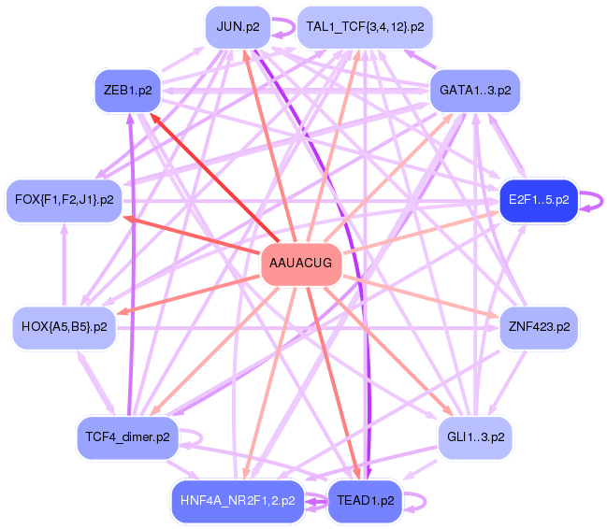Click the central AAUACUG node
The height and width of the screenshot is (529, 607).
(x=301, y=264)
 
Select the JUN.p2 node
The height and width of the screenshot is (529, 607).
(x=238, y=27)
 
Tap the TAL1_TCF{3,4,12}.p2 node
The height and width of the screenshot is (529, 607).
(x=365, y=27)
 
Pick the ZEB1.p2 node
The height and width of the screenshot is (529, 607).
(x=128, y=91)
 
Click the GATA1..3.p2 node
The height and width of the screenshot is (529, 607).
(x=475, y=91)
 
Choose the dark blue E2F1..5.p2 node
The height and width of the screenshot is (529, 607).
(x=539, y=200)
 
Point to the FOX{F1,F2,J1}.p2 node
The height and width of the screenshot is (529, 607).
(x=65, y=200)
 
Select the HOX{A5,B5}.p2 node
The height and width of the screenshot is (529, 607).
(x=65, y=328)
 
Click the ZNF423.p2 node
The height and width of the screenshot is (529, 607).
(x=539, y=328)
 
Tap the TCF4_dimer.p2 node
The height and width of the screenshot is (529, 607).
(x=128, y=437)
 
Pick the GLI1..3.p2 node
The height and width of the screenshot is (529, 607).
(x=475, y=437)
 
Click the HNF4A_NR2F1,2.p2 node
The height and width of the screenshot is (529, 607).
(x=238, y=501)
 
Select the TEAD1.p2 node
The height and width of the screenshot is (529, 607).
(x=365, y=501)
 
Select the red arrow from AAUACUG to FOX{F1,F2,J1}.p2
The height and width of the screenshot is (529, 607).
(x=192, y=236)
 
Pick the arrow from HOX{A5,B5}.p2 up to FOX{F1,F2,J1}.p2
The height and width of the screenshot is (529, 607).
(x=65, y=264)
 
